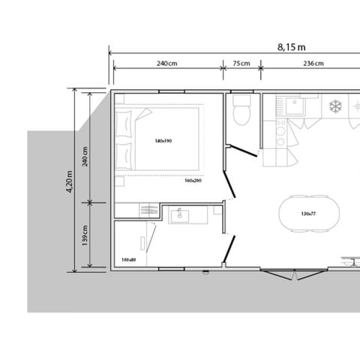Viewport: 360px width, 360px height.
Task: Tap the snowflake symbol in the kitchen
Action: pyautogui.click(x=336, y=106)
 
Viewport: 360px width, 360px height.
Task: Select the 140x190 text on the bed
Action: pyautogui.click(x=163, y=142)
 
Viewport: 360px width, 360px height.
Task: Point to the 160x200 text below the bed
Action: pyautogui.click(x=193, y=181)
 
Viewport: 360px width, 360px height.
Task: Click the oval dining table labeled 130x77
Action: pyautogui.click(x=307, y=214)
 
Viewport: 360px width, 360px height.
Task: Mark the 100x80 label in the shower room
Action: pyautogui.click(x=128, y=260)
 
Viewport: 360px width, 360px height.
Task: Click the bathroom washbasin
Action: pyautogui.click(x=180, y=217)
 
